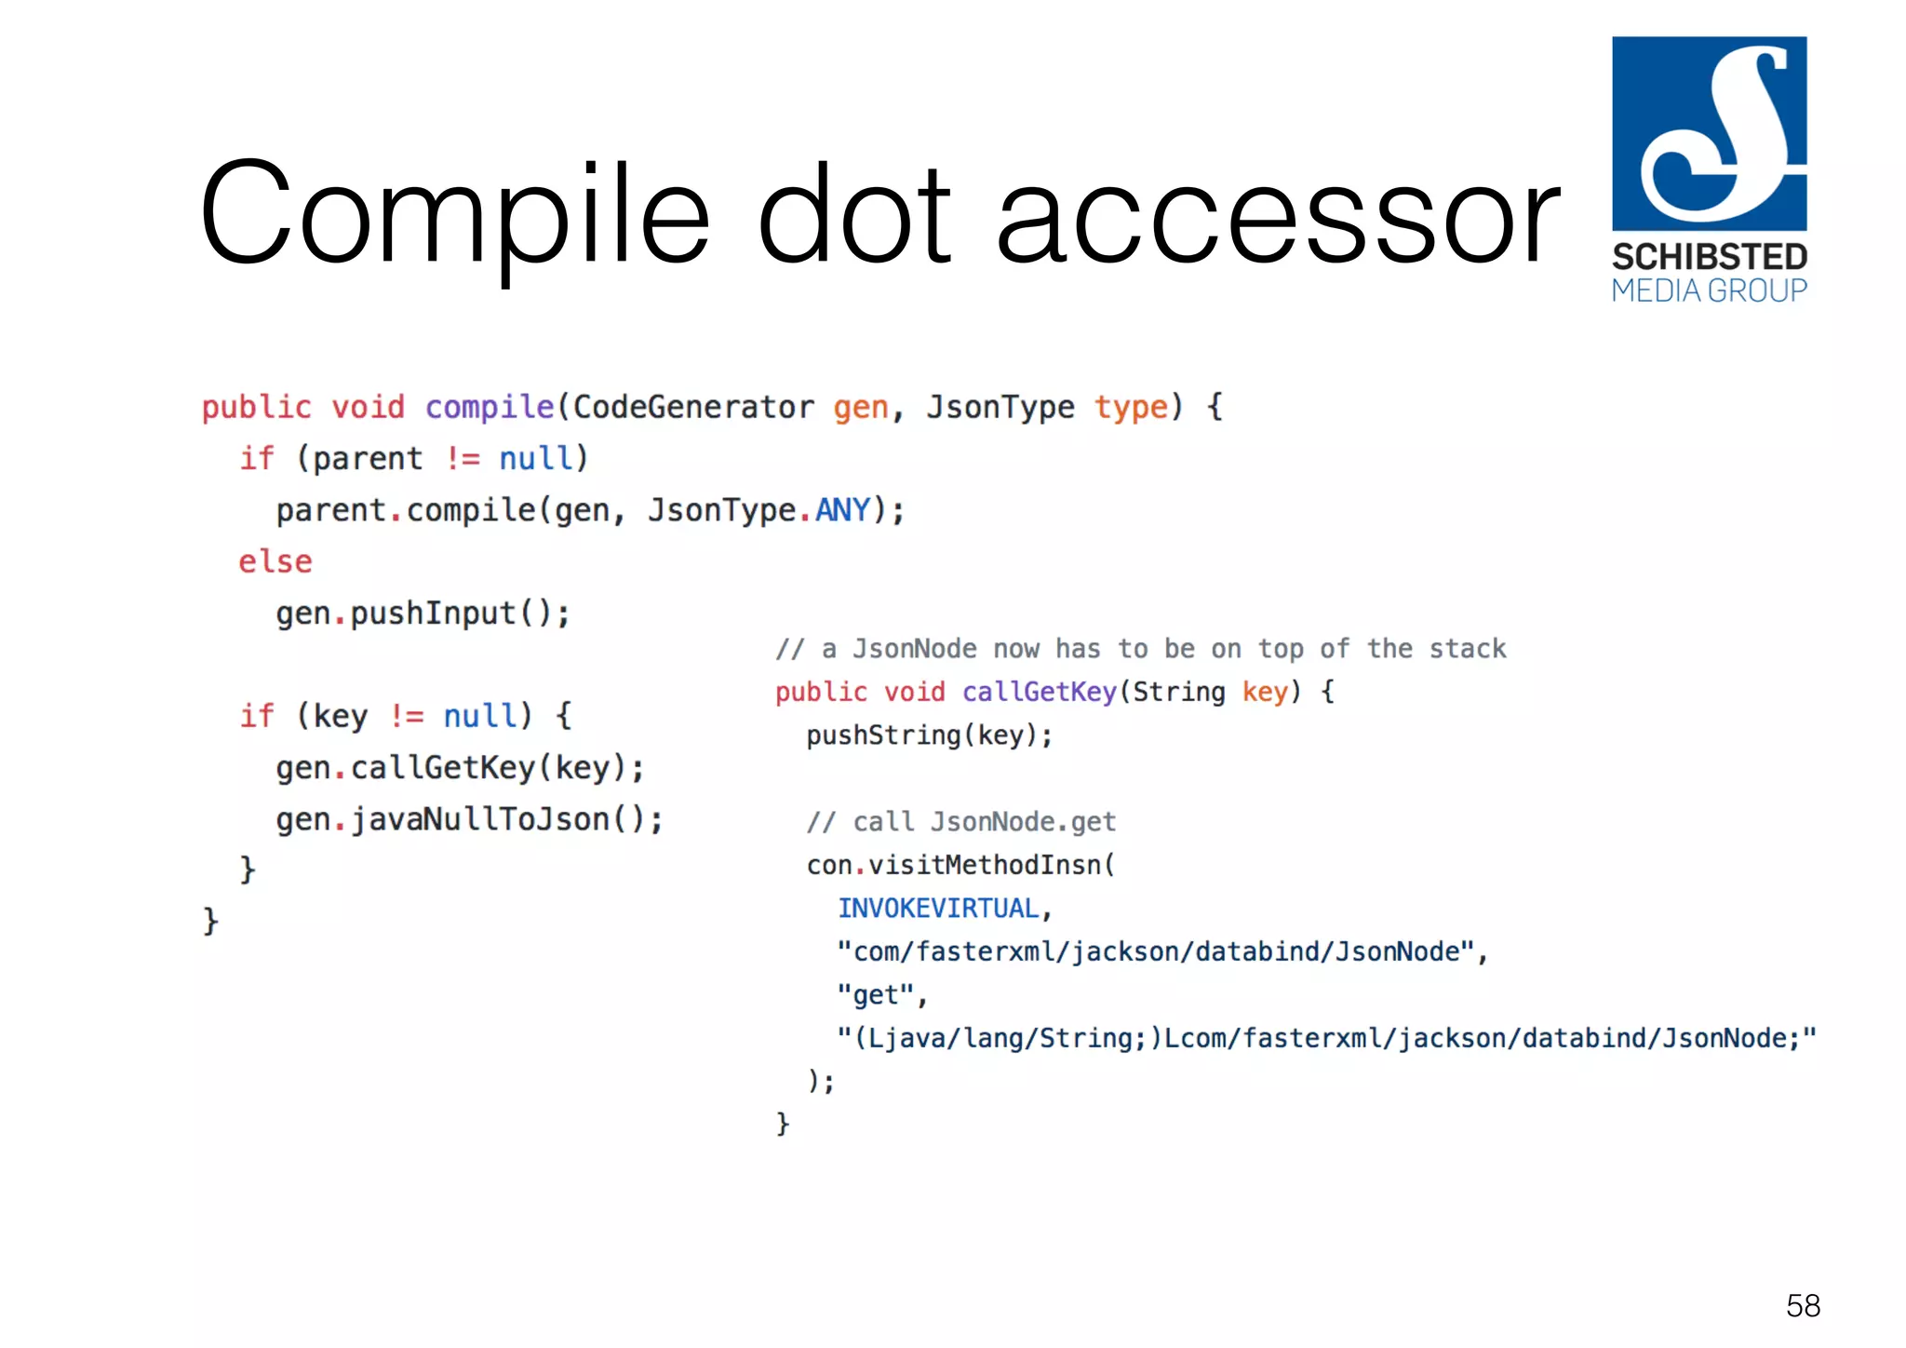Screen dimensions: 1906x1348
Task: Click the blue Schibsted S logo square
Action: click(x=1709, y=133)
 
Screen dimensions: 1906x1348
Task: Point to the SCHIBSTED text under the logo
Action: click(x=1709, y=256)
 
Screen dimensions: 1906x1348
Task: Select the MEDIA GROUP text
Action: click(x=1709, y=291)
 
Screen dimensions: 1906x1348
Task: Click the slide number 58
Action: click(x=1803, y=1305)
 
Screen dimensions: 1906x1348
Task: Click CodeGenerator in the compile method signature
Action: click(x=692, y=407)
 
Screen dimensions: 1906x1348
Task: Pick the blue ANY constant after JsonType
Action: click(x=842, y=510)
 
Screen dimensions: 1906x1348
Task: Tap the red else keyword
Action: click(x=275, y=561)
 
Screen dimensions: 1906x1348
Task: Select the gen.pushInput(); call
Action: click(x=423, y=613)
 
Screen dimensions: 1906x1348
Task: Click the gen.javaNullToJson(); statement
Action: click(x=469, y=819)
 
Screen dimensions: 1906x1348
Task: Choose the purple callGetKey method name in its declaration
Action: click(x=1039, y=692)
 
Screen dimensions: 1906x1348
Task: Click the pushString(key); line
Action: click(x=929, y=735)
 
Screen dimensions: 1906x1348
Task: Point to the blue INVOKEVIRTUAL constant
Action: click(x=938, y=908)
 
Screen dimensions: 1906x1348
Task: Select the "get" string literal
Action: click(x=875, y=994)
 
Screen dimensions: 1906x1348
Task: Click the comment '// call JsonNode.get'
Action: click(x=960, y=821)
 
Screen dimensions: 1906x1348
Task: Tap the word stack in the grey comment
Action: click(x=1468, y=648)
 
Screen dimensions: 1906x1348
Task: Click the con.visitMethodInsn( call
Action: click(x=960, y=865)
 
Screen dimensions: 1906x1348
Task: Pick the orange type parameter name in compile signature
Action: click(x=1130, y=407)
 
